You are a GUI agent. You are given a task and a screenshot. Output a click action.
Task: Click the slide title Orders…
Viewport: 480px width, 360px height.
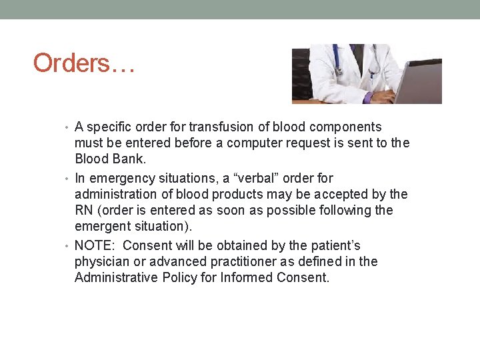(x=83, y=63)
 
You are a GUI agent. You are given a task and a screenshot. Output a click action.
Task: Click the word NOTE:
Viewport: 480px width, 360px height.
(x=96, y=245)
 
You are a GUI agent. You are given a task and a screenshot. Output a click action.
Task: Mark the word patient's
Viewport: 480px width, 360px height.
(x=336, y=245)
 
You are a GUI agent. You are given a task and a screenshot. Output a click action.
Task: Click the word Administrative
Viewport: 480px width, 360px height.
(x=117, y=277)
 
